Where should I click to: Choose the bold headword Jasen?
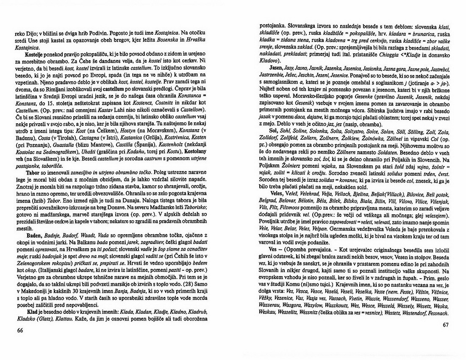pos(276,68)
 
